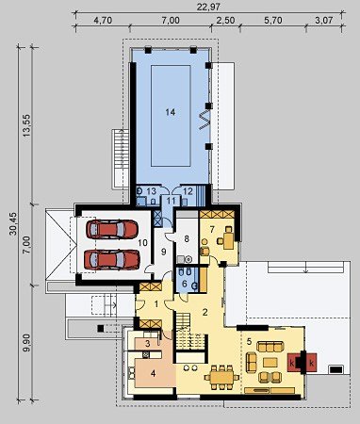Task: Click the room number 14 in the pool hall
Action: (x=171, y=112)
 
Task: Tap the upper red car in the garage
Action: (x=112, y=229)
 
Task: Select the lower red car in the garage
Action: (x=112, y=260)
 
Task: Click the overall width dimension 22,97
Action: (x=208, y=7)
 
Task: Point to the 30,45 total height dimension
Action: (x=13, y=223)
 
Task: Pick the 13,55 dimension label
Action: (x=27, y=124)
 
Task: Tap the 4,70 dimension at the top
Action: (x=103, y=21)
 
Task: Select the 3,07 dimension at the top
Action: (x=323, y=21)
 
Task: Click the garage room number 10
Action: (x=142, y=243)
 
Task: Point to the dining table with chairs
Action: (x=221, y=377)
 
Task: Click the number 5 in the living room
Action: (x=249, y=341)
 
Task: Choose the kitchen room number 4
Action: (x=153, y=373)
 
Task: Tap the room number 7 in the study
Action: (x=212, y=229)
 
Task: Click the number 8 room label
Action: (x=187, y=239)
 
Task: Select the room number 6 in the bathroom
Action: (x=185, y=284)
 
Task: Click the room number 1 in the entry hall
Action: (x=156, y=303)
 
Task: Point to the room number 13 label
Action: (x=151, y=191)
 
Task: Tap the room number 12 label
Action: (x=188, y=191)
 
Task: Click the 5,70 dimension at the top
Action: (x=273, y=21)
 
